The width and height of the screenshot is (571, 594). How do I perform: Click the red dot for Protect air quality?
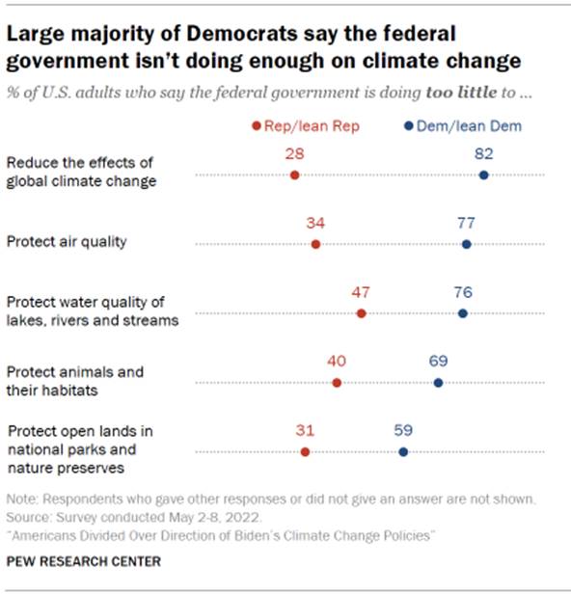315,244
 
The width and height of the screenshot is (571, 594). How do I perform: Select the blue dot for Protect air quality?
467,244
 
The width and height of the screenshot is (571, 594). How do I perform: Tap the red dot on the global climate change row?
294,175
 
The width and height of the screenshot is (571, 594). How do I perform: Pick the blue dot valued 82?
483,175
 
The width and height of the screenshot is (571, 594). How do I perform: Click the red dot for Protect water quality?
361,313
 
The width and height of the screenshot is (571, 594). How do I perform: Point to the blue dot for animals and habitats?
439,383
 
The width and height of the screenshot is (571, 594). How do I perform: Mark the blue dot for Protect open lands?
403,451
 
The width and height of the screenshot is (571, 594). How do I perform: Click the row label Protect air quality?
67,241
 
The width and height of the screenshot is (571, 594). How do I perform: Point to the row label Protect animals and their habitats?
75,380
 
